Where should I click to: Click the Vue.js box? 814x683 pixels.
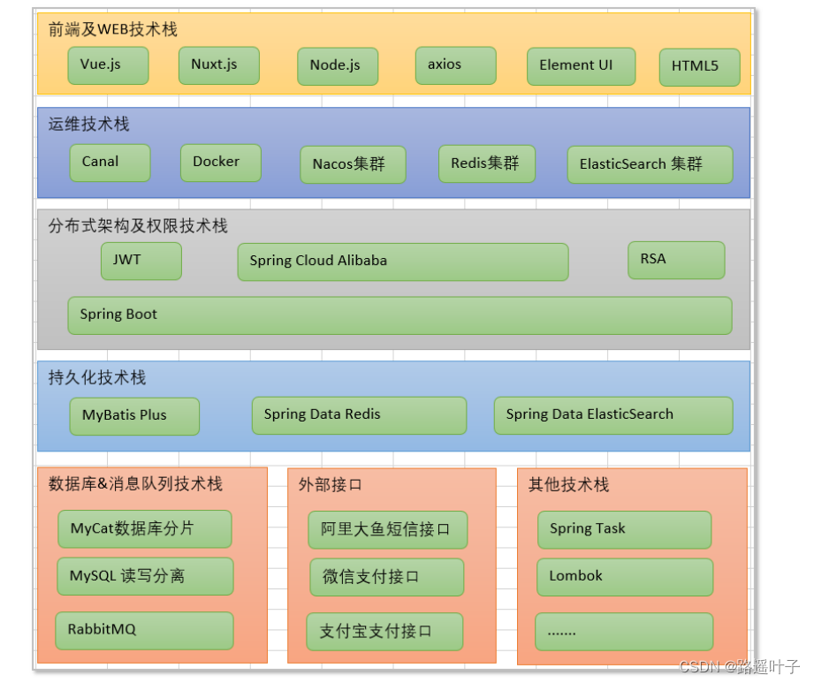[108, 65]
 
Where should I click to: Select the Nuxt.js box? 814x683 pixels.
[218, 65]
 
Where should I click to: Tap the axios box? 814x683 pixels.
[455, 65]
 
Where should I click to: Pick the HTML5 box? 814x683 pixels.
[699, 67]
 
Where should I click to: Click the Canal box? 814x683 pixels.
[110, 163]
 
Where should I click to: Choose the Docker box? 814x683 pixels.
[220, 163]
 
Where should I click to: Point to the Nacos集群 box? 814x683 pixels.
[353, 164]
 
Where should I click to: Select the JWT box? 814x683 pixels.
[141, 261]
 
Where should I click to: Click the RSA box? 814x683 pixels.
[676, 260]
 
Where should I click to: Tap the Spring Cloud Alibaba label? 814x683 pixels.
[318, 261]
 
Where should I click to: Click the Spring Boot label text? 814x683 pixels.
[118, 315]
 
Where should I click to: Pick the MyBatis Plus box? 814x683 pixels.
[134, 415]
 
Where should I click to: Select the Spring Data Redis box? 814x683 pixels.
[359, 415]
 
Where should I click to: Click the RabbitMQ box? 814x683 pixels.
[144, 630]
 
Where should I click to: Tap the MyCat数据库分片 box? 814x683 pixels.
[144, 528]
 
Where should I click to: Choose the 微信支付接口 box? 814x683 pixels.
[387, 577]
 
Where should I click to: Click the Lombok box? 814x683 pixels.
[624, 576]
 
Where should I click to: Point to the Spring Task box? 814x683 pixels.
[624, 529]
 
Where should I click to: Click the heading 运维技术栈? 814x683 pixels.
[88, 125]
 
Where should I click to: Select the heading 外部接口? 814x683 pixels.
[330, 484]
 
